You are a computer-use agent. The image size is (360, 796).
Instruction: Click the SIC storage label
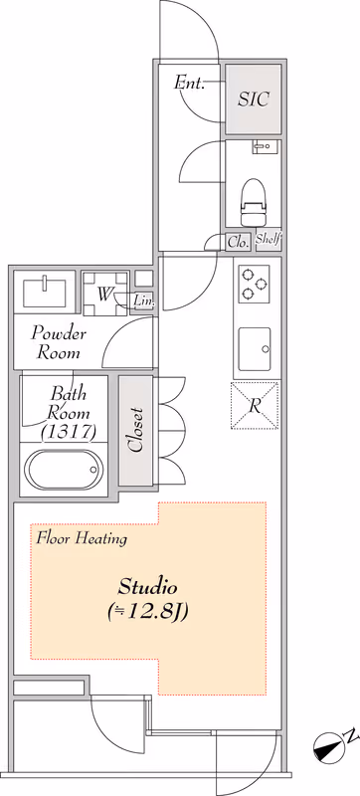[x=253, y=99]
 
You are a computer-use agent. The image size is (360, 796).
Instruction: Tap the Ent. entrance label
[x=189, y=83]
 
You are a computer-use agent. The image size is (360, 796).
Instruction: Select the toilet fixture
[x=253, y=202]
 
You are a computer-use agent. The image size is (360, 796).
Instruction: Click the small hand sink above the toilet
[x=264, y=146]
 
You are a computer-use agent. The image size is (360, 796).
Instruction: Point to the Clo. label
[x=238, y=242]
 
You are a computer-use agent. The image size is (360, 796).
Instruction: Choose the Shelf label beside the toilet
[x=269, y=239]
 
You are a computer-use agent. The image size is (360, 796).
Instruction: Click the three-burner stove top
[x=254, y=284]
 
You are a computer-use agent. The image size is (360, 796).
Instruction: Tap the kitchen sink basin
[x=255, y=349]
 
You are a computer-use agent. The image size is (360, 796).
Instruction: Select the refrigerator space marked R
[x=255, y=406]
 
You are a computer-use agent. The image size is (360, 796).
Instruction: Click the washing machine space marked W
[x=105, y=294]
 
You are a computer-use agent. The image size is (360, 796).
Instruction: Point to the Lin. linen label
[x=143, y=301]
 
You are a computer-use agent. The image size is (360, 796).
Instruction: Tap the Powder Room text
[x=59, y=343]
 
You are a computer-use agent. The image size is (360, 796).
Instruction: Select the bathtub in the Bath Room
[x=64, y=470]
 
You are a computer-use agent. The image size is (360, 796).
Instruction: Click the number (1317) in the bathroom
[x=69, y=432]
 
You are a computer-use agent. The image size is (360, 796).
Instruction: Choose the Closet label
[x=135, y=430]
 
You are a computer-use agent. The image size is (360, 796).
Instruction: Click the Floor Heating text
[x=82, y=538]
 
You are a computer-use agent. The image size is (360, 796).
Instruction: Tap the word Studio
[x=147, y=587]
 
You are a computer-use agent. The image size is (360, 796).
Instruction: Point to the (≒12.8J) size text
[x=148, y=612]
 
